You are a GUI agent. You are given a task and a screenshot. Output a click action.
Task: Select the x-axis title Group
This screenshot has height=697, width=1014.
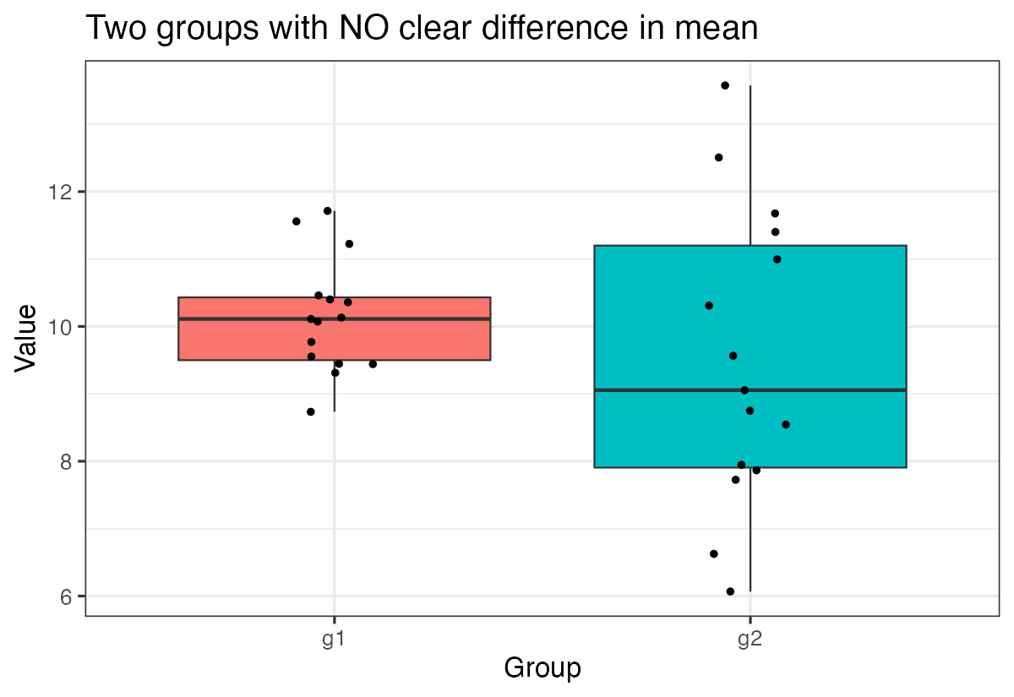(x=542, y=668)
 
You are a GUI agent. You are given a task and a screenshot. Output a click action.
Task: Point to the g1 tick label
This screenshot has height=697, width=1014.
(x=334, y=640)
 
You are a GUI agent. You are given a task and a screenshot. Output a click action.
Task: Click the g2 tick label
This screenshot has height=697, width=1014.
(x=750, y=640)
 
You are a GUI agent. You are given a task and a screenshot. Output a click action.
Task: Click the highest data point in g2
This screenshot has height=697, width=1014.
(x=725, y=85)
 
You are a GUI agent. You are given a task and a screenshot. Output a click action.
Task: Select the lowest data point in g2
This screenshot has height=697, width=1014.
(x=730, y=591)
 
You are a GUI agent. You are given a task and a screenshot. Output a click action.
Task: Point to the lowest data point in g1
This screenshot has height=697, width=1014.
(x=311, y=411)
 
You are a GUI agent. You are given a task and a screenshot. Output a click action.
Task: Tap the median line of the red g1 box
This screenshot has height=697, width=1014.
(x=406, y=319)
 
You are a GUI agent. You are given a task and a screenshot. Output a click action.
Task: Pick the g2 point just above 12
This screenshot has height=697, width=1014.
(x=719, y=157)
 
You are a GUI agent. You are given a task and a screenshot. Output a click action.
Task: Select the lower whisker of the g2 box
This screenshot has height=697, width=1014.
(x=750, y=532)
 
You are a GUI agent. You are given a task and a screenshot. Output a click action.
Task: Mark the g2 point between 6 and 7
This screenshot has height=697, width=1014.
(x=714, y=554)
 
